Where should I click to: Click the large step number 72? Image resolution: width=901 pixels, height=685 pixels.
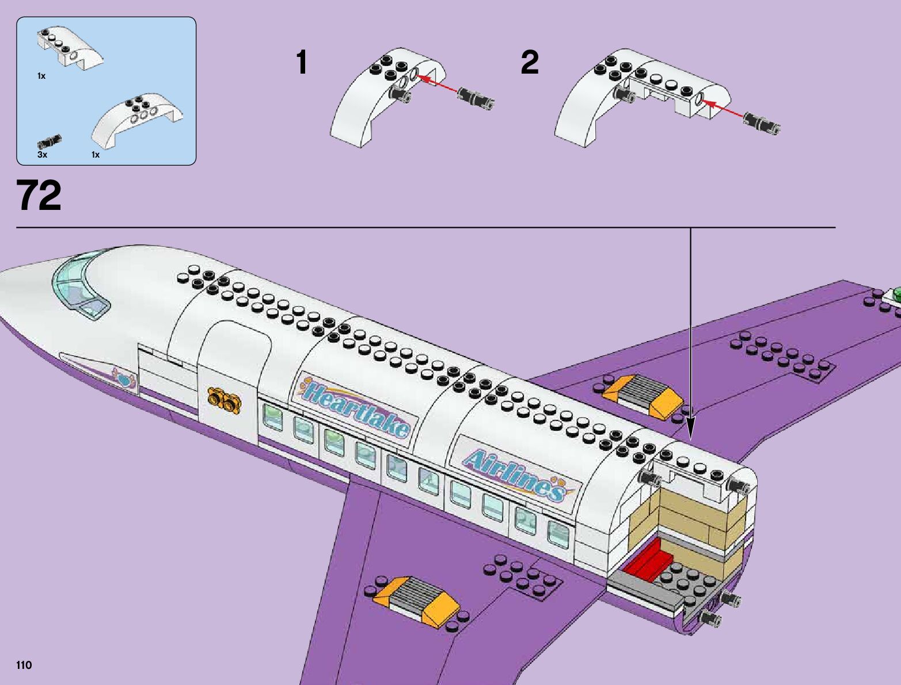[39, 196]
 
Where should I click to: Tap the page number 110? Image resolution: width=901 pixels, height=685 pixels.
[24, 665]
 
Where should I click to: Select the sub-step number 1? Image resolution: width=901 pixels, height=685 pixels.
[302, 63]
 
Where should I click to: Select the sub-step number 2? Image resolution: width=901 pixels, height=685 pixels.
[530, 63]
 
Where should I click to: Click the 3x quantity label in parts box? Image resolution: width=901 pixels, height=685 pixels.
[42, 155]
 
